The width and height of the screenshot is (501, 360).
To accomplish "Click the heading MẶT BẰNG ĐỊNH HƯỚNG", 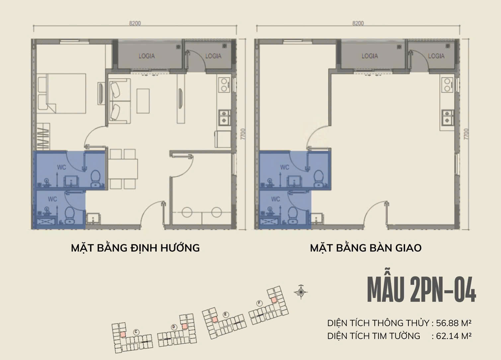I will [135, 248].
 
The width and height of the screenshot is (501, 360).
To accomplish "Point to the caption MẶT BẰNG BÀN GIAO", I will [366, 248].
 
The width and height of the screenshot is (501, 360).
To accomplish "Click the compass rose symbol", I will [301, 292].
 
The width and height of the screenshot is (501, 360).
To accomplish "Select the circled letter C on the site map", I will [135, 332].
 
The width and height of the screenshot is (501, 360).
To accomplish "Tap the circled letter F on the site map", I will [260, 303].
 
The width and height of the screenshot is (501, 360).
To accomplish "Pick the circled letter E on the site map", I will [226, 315].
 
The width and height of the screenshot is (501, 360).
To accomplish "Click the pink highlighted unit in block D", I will [185, 326].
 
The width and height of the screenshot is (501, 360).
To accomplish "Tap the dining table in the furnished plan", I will [123, 169].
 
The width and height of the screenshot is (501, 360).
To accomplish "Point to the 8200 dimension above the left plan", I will [135, 23].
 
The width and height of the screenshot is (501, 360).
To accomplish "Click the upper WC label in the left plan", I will [61, 167].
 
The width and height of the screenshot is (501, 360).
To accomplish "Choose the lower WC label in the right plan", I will [276, 199].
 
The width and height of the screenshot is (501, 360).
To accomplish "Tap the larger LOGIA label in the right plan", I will [370, 56].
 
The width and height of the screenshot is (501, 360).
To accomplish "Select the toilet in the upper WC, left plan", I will [96, 178].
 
